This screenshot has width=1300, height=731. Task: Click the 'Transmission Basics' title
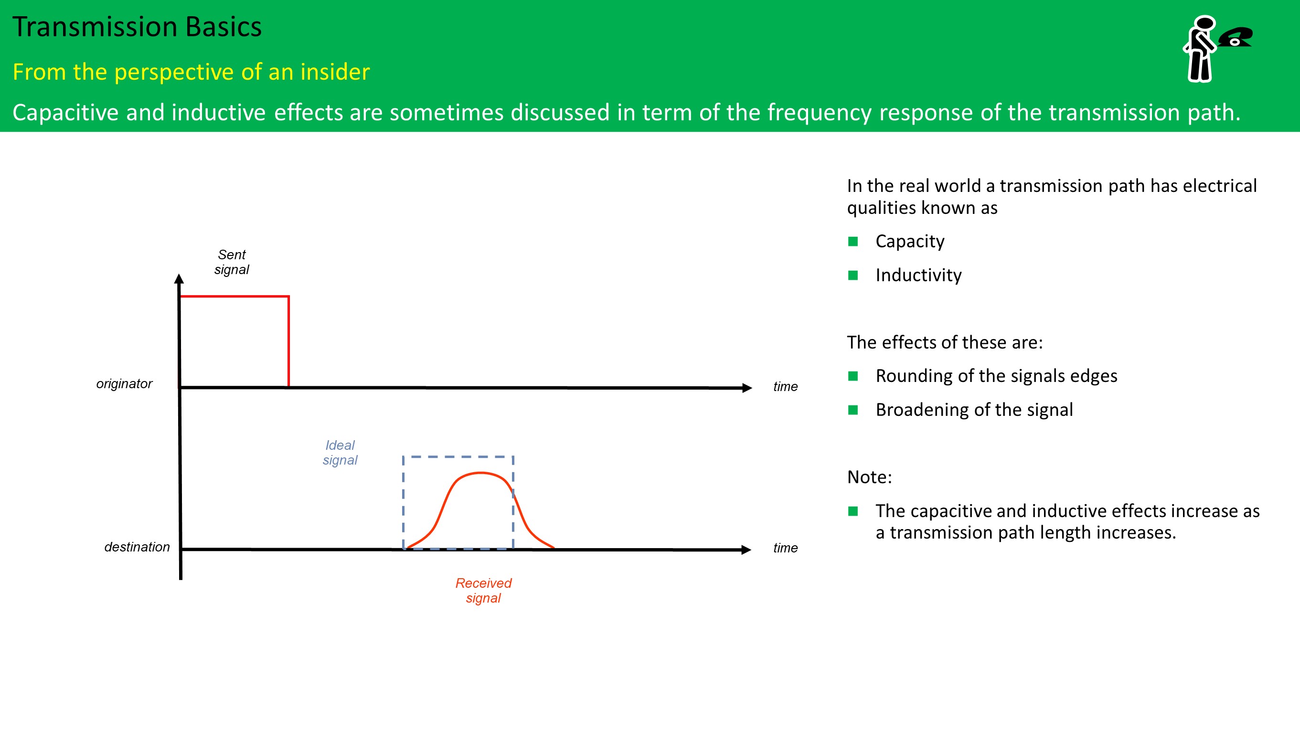point(137,27)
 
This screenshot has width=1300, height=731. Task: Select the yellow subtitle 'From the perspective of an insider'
point(191,72)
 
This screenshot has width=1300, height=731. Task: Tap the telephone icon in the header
point(1236,37)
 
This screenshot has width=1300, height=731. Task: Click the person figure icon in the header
point(1200,48)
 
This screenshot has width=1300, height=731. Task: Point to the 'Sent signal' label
point(232,262)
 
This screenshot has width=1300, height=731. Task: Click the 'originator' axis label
point(124,384)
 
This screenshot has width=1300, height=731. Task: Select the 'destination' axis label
point(137,547)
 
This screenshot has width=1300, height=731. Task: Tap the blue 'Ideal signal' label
point(340,453)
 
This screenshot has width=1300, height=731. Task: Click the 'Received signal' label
point(483,590)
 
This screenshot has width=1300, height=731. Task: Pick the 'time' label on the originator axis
point(785,387)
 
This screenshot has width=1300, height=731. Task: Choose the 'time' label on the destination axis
point(785,549)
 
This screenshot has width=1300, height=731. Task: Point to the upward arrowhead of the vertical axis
point(179,278)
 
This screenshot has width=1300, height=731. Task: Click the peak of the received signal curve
point(481,473)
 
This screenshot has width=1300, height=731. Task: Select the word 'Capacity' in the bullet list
point(910,242)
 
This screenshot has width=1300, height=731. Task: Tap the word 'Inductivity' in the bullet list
point(918,275)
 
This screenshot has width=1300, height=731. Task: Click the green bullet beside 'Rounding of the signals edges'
point(853,376)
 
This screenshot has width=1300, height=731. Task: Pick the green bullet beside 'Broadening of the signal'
point(853,410)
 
